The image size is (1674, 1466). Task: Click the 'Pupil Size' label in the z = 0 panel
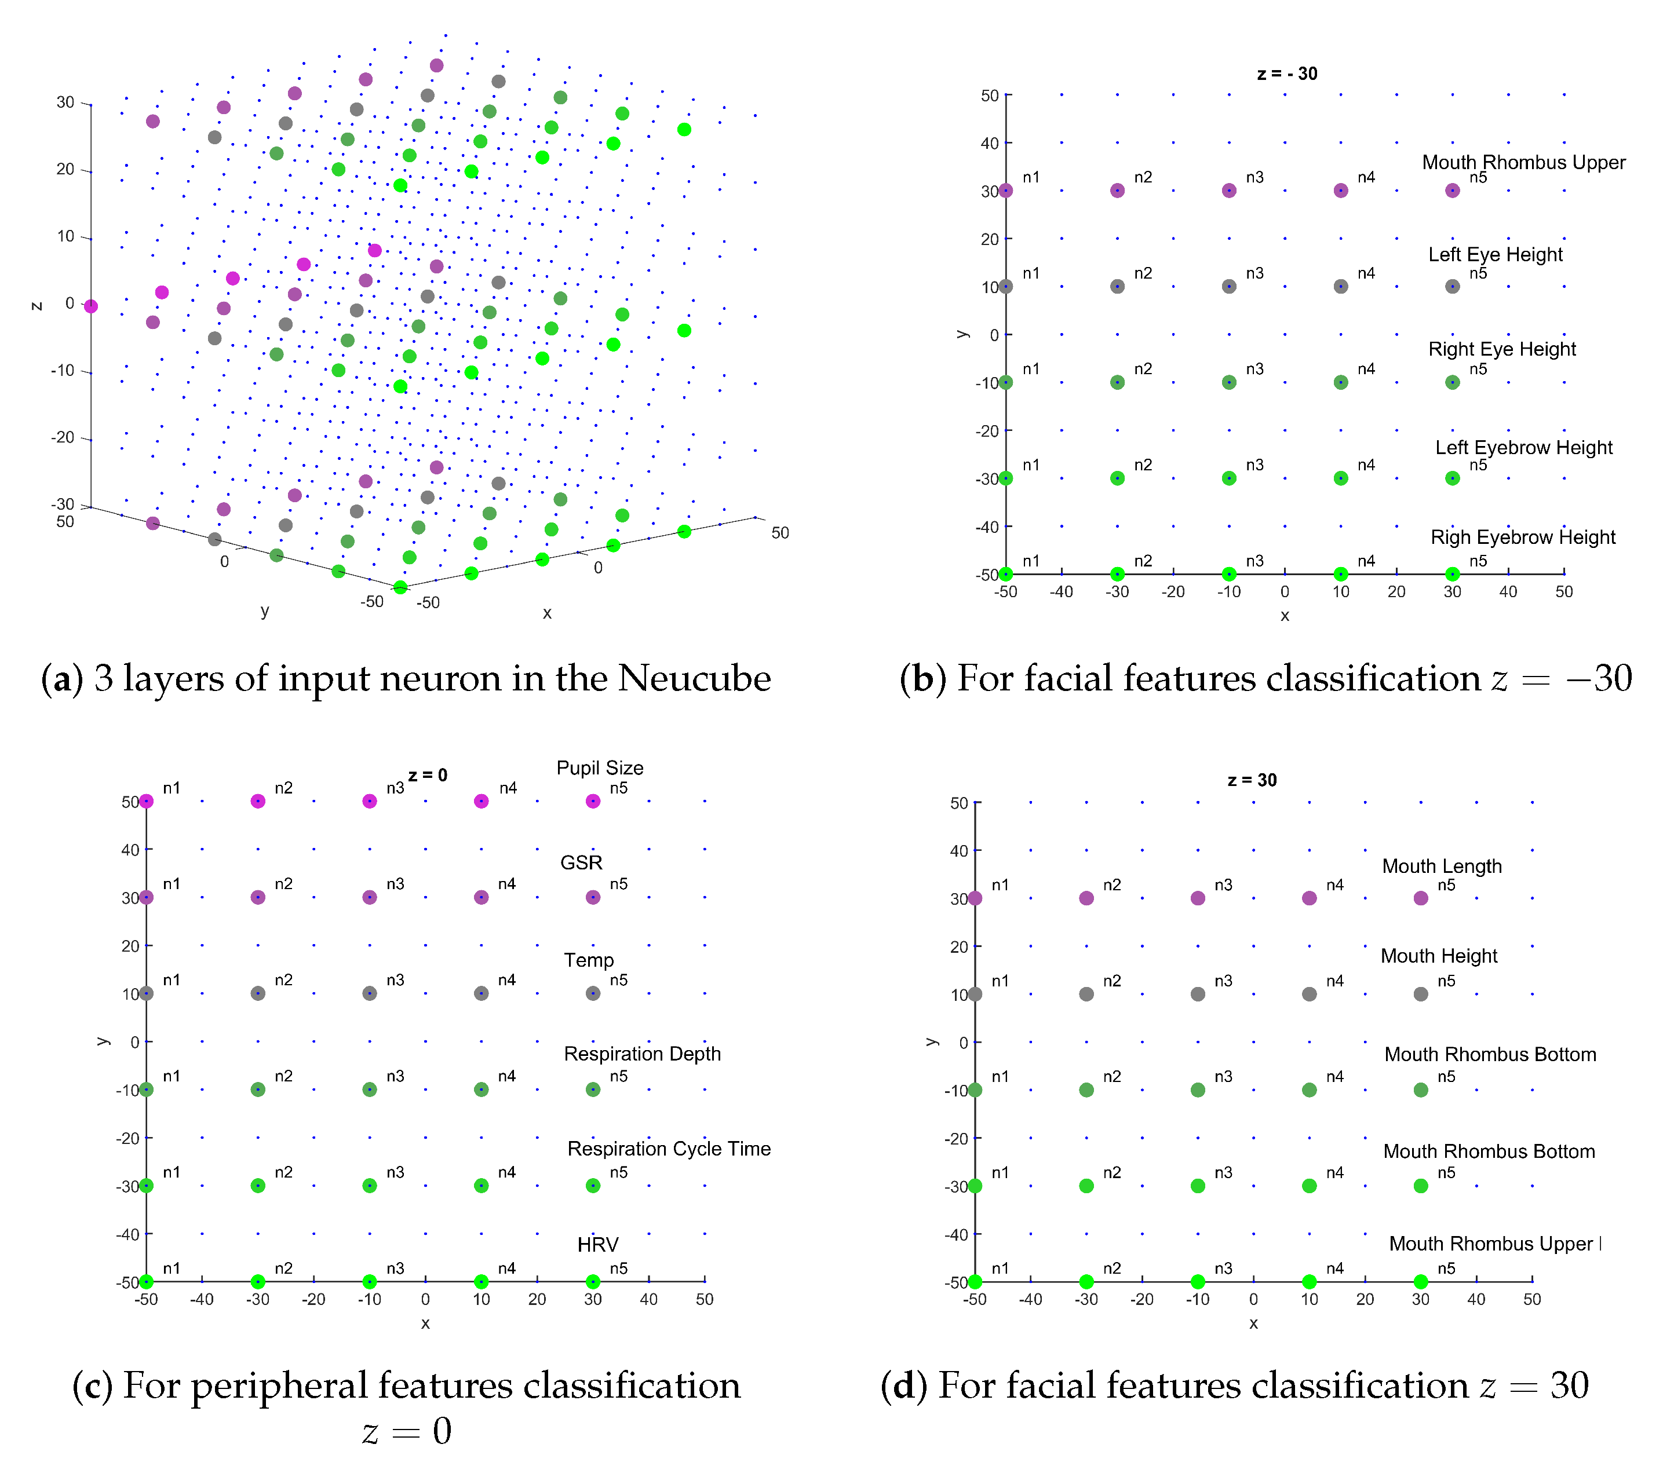tap(600, 768)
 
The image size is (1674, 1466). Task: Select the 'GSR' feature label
tap(581, 862)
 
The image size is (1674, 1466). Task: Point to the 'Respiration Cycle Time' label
tap(669, 1149)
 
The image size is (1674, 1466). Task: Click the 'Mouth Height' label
tap(1438, 956)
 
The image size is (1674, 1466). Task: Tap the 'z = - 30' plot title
tap(1287, 74)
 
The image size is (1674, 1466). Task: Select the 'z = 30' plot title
tap(1252, 780)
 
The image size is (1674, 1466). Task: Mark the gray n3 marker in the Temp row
tap(370, 993)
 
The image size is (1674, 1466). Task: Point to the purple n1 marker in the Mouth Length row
tap(975, 898)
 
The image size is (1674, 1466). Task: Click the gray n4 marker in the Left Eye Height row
tap(1340, 286)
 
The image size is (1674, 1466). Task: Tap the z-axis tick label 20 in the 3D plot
tap(65, 169)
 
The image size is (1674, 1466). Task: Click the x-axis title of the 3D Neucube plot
tap(546, 613)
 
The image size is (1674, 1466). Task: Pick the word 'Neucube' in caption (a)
tap(694, 678)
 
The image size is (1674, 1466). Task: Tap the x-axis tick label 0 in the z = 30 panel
tap(1253, 1299)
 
